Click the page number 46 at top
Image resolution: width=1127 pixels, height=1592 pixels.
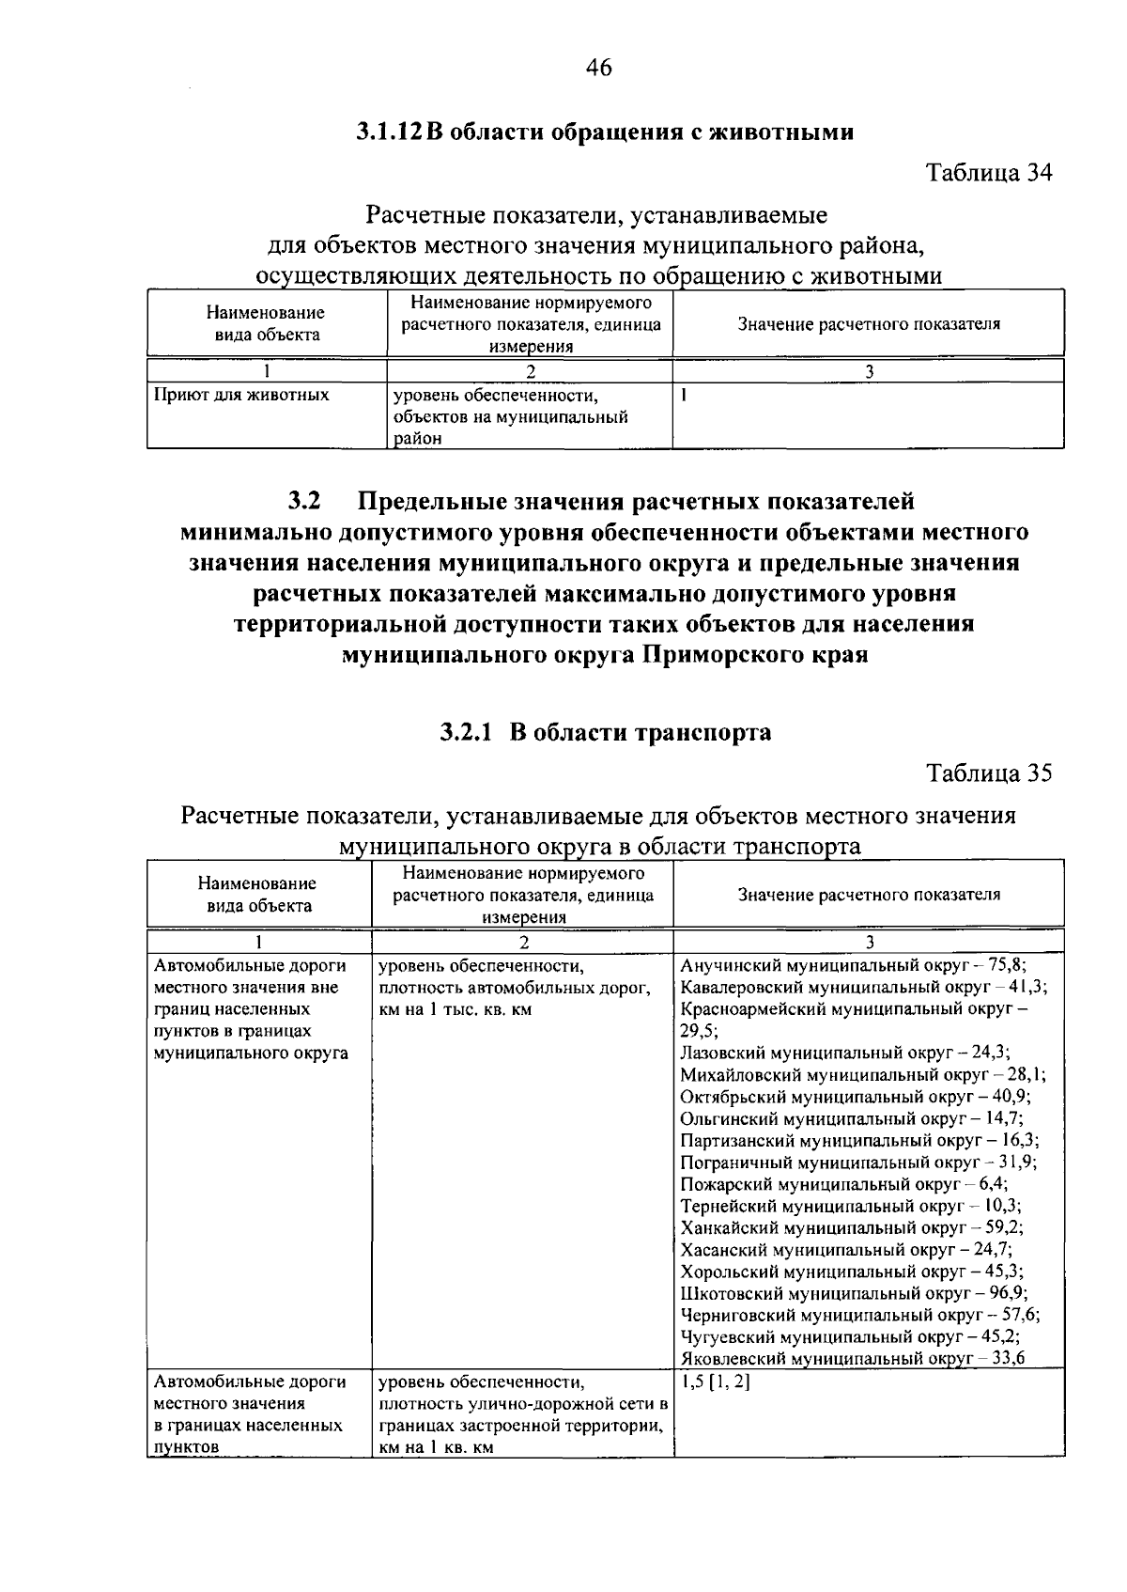(598, 68)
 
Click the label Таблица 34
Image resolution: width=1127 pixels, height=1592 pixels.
(989, 173)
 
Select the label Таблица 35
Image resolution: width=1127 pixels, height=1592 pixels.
(989, 773)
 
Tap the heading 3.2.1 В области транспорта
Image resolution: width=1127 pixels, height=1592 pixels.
(606, 732)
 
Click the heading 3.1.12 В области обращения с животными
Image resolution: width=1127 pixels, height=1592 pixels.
(605, 132)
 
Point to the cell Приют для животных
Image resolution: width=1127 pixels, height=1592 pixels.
(241, 395)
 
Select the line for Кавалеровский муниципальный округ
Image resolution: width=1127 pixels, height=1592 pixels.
(863, 987)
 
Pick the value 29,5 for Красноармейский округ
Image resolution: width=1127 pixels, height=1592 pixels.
(696, 1030)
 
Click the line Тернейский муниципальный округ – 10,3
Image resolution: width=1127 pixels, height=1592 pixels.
(851, 1206)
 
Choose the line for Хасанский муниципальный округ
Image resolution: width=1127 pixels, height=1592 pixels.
(846, 1250)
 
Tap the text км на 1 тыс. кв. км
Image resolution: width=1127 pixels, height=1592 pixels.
(448, 1009)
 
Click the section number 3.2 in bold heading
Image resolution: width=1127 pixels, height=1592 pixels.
(305, 500)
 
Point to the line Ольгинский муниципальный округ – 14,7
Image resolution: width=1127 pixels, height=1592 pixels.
(852, 1118)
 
